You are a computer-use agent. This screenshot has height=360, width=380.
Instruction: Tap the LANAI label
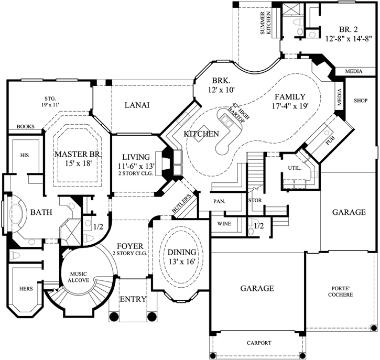[137, 105]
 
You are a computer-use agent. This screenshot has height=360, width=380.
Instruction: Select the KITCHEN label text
[201, 134]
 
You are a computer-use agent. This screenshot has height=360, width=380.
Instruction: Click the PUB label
[330, 140]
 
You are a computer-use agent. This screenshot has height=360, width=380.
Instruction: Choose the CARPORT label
[259, 343]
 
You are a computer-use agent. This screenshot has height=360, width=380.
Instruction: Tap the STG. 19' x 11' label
[50, 102]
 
